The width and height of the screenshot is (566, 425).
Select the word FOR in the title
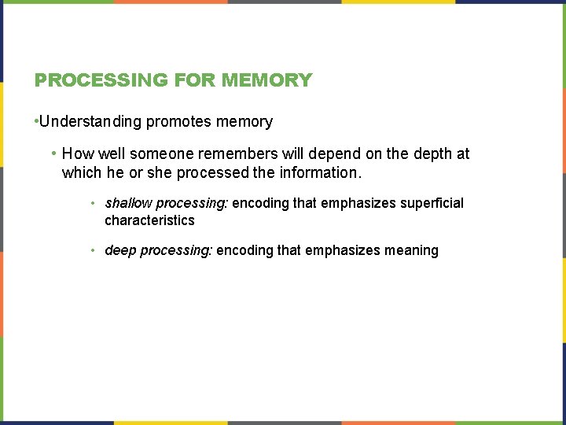(195, 80)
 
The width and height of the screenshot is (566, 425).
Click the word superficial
(432, 203)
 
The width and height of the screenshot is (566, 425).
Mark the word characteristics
(149, 220)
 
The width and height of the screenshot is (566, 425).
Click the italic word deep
(120, 250)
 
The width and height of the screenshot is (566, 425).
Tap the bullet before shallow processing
(93, 204)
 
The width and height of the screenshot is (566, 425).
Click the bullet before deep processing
(93, 251)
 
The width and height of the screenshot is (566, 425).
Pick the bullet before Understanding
(36, 122)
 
